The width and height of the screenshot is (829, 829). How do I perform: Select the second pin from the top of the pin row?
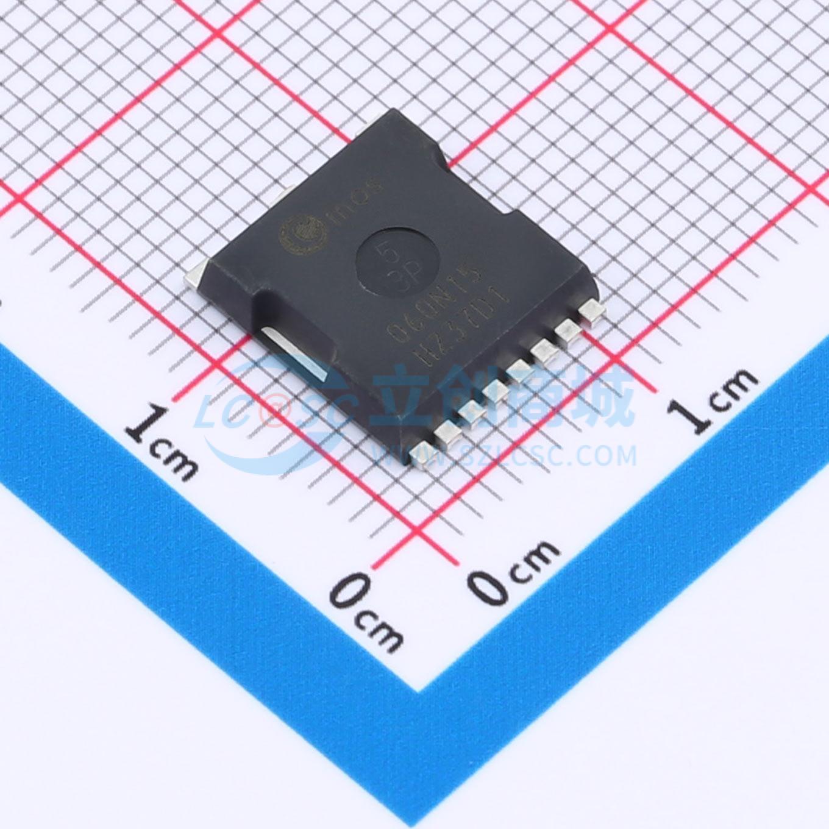click(x=568, y=331)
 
